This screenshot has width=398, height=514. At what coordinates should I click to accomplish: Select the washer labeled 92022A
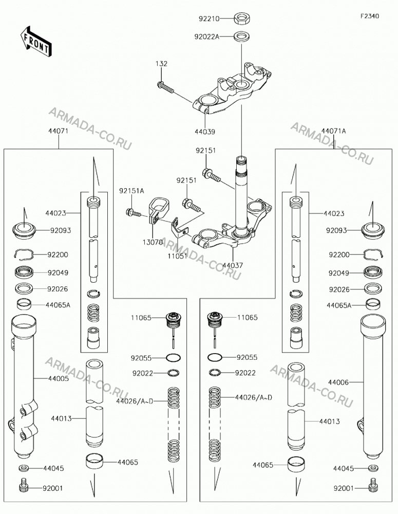241,36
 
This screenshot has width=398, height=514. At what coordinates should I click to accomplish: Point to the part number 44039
205,132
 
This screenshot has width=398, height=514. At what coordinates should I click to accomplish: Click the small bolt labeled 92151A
133,213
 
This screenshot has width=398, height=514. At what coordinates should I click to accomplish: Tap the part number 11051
178,255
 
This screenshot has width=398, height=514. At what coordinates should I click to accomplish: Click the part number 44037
233,265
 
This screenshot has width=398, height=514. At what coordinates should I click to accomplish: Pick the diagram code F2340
370,16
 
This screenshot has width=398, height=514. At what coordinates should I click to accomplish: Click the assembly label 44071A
333,131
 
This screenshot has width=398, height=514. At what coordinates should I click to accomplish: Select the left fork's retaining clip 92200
25,254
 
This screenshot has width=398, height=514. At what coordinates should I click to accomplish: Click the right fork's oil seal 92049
373,272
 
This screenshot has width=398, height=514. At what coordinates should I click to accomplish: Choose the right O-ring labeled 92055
215,357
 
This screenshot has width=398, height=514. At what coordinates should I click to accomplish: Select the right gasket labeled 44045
373,468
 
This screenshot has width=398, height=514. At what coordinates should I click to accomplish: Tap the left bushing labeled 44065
94,461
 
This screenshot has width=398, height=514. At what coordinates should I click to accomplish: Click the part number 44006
338,382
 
